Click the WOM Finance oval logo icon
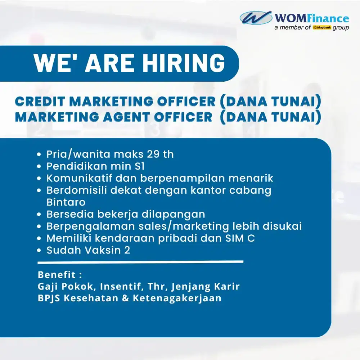(x=256, y=18)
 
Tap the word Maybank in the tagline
(x=322, y=28)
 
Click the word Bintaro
(x=66, y=202)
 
